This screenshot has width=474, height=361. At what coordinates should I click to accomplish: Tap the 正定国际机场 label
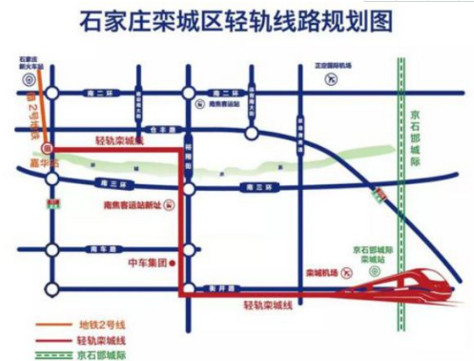tap(334, 65)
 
